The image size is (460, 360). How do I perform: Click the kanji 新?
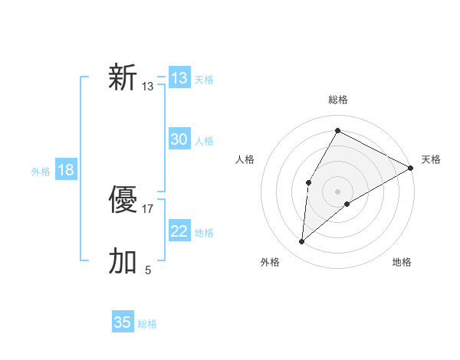[x=123, y=78]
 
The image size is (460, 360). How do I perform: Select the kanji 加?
[x=123, y=261]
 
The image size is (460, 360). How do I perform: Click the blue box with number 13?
[x=179, y=78]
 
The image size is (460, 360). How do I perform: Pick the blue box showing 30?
[x=179, y=139]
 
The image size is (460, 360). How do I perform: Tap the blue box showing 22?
[x=179, y=231]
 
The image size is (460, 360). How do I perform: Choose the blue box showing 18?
[x=66, y=170]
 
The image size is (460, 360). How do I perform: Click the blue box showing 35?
[x=123, y=322]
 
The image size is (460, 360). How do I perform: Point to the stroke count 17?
[x=148, y=208]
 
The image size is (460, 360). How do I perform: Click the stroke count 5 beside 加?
[x=148, y=270]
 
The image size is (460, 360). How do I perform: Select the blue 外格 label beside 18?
[x=41, y=172]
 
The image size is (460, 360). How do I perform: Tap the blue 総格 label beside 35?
[x=147, y=324]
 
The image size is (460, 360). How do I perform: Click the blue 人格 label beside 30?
[x=204, y=141]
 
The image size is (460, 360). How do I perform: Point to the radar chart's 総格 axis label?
[x=337, y=100]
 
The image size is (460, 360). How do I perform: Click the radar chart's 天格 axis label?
[x=431, y=159]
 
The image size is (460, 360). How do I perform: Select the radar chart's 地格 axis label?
[x=402, y=262]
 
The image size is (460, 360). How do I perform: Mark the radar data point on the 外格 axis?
[x=302, y=242]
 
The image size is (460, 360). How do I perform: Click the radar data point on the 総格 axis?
[x=337, y=130]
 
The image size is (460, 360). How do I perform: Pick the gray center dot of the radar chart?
[x=337, y=191]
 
